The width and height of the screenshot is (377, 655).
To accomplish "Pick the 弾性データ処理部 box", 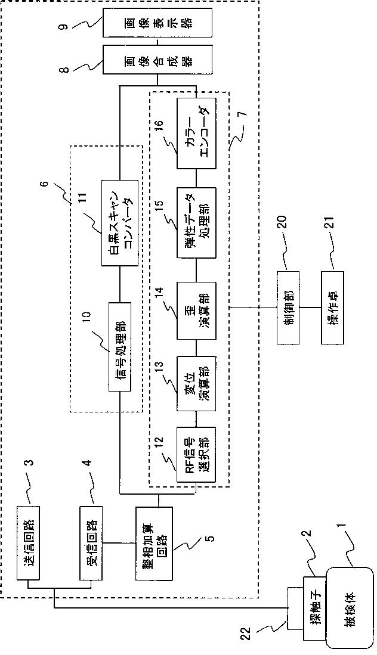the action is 196,223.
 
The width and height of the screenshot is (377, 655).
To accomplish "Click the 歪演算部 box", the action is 196,311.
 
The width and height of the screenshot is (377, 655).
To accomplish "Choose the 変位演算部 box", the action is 196,384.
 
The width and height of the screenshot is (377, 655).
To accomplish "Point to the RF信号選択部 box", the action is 196,455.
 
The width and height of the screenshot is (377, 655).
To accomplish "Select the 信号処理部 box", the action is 120,347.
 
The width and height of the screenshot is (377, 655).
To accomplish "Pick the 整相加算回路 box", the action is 154,543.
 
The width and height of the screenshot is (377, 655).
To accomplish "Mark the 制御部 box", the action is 288,308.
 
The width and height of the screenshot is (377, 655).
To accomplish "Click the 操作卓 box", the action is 332,308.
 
